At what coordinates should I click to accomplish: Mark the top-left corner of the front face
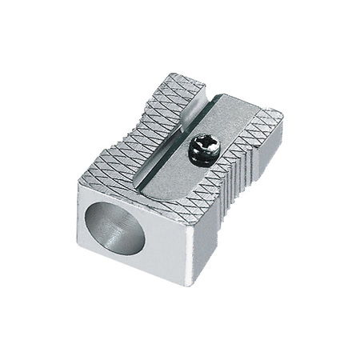pyautogui.click(x=79, y=182)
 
